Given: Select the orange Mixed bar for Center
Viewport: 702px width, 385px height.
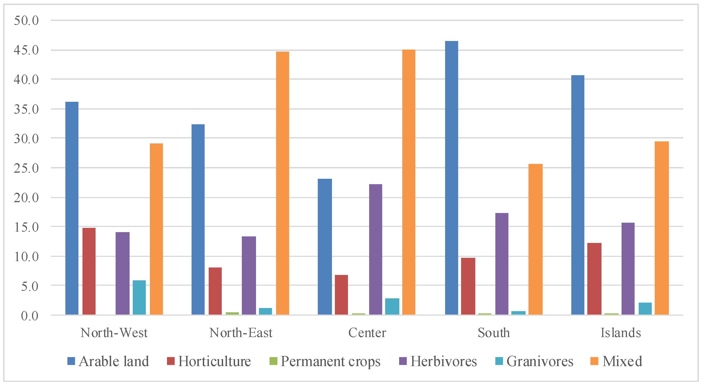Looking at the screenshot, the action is tap(409, 182).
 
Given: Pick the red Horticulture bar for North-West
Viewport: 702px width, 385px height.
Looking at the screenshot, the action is tap(89, 271).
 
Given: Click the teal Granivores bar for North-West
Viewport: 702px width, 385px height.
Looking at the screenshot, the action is tap(139, 298).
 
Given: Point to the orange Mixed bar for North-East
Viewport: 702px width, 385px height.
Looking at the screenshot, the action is tap(283, 183).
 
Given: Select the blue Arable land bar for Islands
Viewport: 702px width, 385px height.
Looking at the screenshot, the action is tap(578, 195).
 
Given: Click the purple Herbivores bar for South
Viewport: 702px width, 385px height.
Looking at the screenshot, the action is tap(502, 264).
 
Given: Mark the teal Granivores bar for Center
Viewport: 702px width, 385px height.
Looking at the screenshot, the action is tap(392, 307).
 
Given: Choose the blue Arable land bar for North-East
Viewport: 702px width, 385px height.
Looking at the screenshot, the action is tap(198, 220).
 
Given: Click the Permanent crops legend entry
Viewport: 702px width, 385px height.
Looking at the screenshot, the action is tap(325, 361).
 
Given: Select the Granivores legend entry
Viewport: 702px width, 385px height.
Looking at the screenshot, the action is tap(534, 361).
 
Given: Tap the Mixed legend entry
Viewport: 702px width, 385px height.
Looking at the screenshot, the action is tap(616, 361).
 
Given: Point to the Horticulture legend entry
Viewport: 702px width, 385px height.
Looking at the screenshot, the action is tap(209, 361).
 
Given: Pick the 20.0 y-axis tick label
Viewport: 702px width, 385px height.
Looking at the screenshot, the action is tap(26, 197).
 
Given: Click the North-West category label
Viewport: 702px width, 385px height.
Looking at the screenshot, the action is tap(114, 333).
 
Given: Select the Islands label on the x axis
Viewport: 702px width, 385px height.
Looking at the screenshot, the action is tap(621, 333).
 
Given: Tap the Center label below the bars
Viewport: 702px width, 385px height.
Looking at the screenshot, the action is tap(367, 333).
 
